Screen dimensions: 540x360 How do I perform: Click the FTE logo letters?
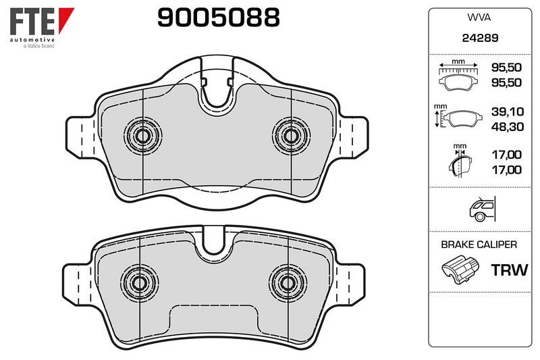pos(32,22)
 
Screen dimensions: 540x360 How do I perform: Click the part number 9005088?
pos(218,18)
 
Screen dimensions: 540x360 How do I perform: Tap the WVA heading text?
pos(479,18)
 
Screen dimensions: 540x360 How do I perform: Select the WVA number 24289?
pos(480,38)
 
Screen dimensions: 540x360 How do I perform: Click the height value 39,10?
pos(508,111)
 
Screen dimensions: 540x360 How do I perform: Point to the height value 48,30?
pos(508,127)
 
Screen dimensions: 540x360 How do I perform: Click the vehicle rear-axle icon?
pos(482,209)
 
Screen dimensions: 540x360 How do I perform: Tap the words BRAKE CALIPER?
pos(479,245)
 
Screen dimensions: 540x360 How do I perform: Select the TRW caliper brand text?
pos(510,270)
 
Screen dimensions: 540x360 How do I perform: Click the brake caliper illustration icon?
pos(460,269)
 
